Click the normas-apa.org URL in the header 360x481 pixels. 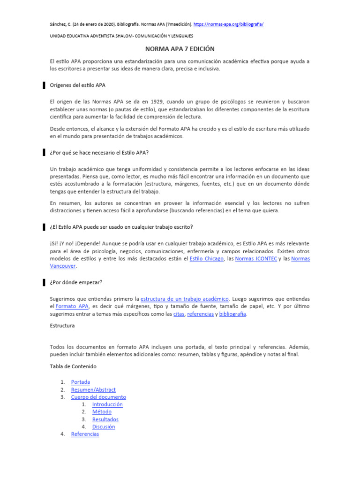click(228, 24)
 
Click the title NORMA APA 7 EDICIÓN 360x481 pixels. click(180, 49)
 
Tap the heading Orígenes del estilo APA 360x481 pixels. click(77, 85)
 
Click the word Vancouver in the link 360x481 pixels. click(63, 266)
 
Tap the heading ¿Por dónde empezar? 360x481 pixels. click(76, 282)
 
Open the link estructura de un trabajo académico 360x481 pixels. click(185, 299)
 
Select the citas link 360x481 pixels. click(179, 314)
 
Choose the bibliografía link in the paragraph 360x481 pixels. click(232, 314)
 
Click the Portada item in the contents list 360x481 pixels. click(81, 382)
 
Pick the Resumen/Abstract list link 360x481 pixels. click(93, 389)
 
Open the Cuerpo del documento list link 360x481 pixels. click(98, 397)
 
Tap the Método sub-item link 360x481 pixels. click(102, 412)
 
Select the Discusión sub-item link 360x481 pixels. click(104, 427)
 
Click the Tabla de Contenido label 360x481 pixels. click(73, 366)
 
